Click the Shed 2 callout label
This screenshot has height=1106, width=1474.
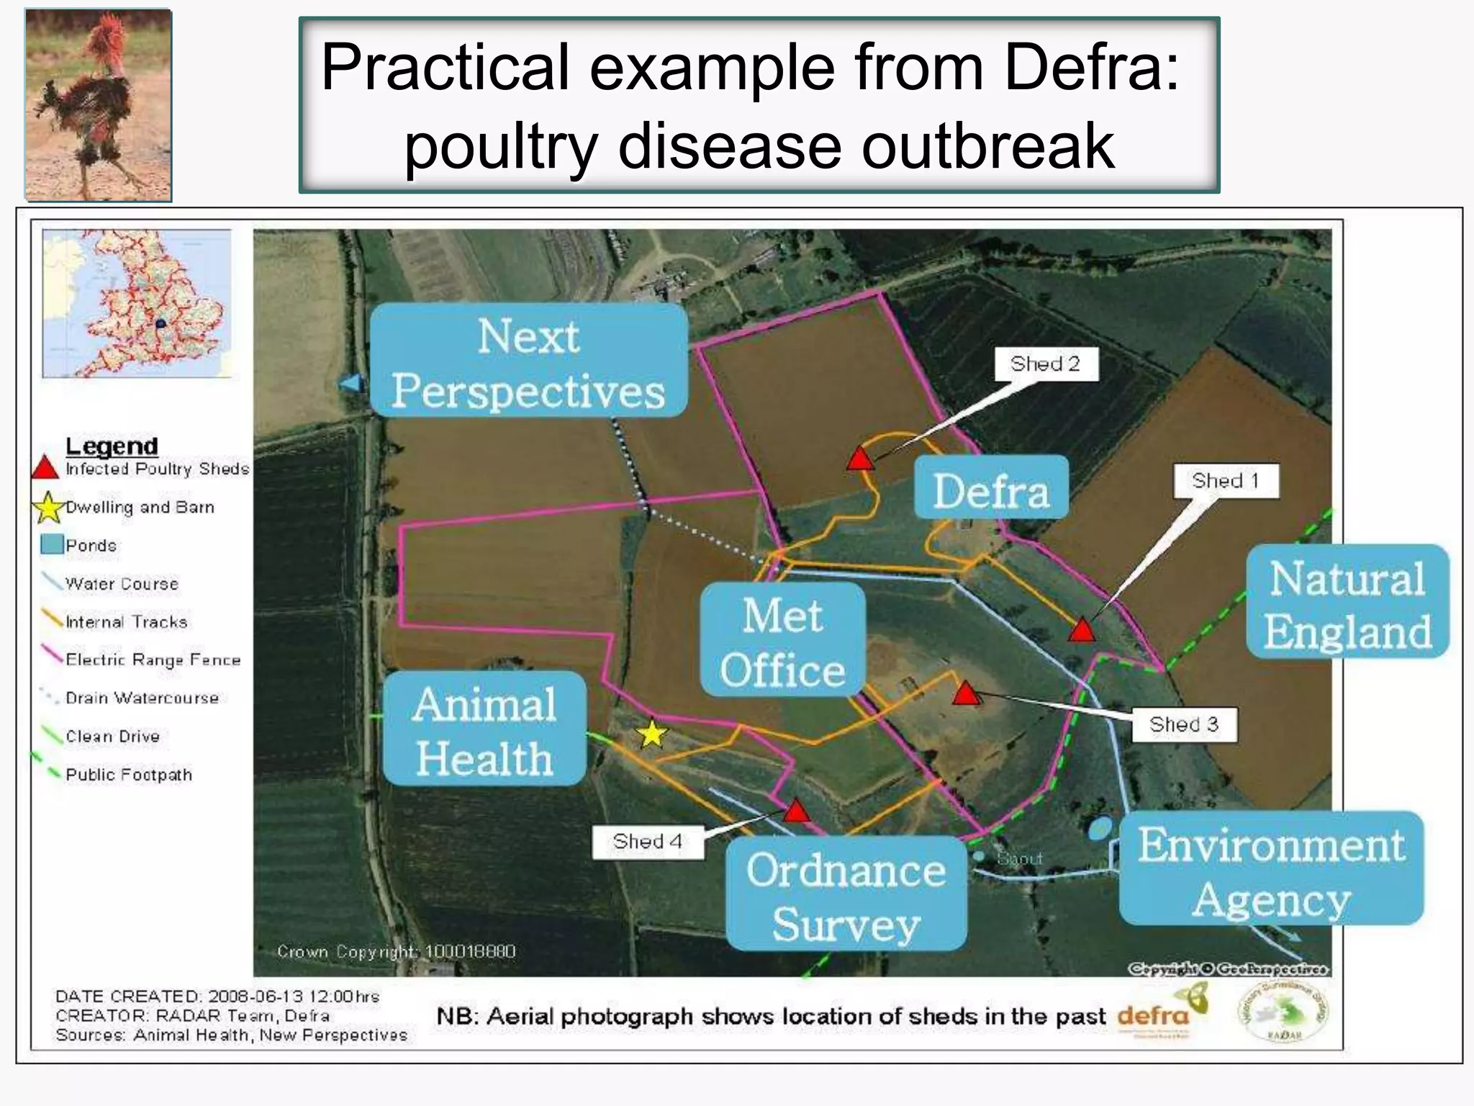[1046, 364]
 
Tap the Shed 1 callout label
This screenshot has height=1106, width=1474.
[1226, 481]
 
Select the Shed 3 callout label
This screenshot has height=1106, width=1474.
[1184, 724]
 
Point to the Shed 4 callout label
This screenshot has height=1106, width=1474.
[648, 842]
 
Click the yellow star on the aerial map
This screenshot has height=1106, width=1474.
[652, 734]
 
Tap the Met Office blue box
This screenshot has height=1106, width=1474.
[783, 639]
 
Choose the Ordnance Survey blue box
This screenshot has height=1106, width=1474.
[846, 894]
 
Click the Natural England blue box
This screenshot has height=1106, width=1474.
[1347, 602]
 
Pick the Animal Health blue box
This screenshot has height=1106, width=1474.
[484, 729]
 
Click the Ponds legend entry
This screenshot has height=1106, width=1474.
[91, 546]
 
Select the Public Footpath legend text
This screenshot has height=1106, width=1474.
[129, 775]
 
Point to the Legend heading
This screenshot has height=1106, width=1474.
[112, 446]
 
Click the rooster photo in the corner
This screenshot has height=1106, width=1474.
[99, 104]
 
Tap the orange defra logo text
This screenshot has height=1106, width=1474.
[1152, 1016]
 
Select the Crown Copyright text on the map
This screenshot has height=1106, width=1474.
[396, 952]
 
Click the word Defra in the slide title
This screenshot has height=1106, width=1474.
[1091, 68]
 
